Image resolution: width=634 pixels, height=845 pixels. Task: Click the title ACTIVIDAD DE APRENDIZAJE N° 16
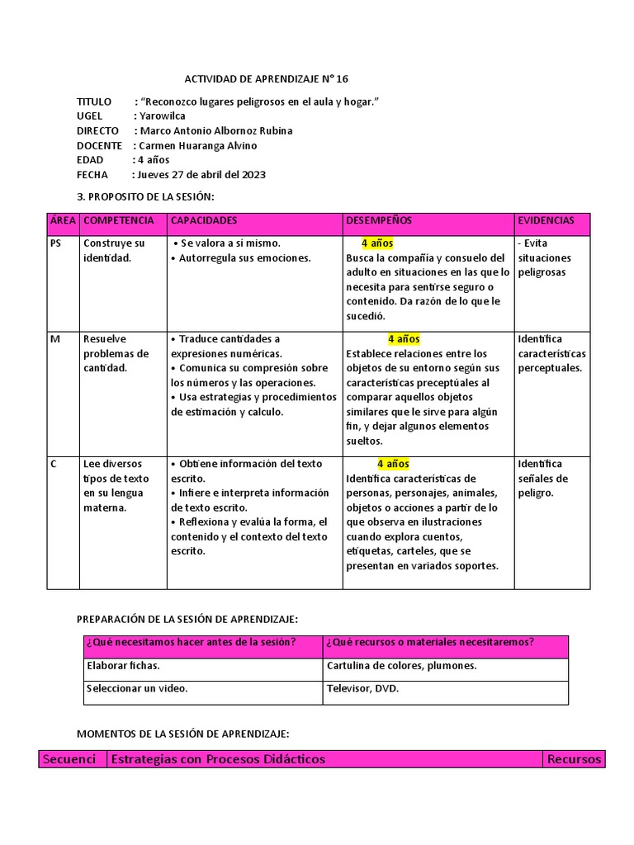tap(266, 79)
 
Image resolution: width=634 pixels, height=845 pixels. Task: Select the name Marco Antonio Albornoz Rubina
tap(216, 130)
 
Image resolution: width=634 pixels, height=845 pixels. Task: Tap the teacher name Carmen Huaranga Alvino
tap(198, 145)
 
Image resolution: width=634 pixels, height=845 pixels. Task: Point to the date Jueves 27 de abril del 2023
tap(201, 175)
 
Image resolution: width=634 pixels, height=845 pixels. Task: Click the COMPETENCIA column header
tap(119, 221)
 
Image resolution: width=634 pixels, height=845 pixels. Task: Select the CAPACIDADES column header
tap(204, 221)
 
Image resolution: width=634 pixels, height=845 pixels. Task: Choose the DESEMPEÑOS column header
tap(379, 221)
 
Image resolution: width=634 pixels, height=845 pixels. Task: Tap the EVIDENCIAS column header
tap(546, 221)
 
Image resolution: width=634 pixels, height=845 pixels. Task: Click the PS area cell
tap(56, 243)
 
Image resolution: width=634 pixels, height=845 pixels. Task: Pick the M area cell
tap(54, 339)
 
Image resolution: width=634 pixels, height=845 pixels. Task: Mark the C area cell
tap(54, 464)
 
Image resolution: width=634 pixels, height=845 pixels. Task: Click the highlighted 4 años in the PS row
tap(377, 243)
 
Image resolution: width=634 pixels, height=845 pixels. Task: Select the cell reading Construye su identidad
tap(114, 251)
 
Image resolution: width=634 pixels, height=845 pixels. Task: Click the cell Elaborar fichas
tap(123, 666)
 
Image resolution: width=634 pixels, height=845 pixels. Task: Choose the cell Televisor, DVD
tap(362, 688)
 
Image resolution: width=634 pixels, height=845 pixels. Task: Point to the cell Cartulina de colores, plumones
tap(401, 666)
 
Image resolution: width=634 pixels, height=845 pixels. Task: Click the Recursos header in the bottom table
tap(574, 759)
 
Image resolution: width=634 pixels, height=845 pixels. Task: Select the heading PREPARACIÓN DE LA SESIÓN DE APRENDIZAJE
tap(187, 620)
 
